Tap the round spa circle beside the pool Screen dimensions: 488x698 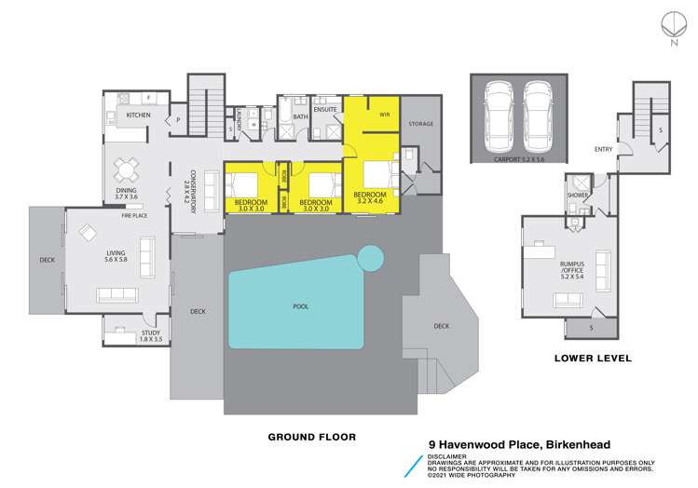coord(371,256)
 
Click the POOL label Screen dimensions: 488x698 coord(300,305)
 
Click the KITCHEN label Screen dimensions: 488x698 coord(138,115)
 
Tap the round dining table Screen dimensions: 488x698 coord(126,169)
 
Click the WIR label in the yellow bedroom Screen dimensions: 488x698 coord(384,115)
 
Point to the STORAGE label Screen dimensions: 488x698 coord(421,123)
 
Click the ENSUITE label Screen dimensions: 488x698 coord(325,109)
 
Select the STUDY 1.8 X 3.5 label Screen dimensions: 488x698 coord(150,336)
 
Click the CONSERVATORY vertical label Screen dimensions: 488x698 coord(193,191)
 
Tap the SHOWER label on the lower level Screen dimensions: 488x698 coord(576,196)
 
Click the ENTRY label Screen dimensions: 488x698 coord(603,149)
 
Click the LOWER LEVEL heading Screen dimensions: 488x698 coord(593,358)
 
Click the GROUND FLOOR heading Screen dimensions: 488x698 coord(312,436)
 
